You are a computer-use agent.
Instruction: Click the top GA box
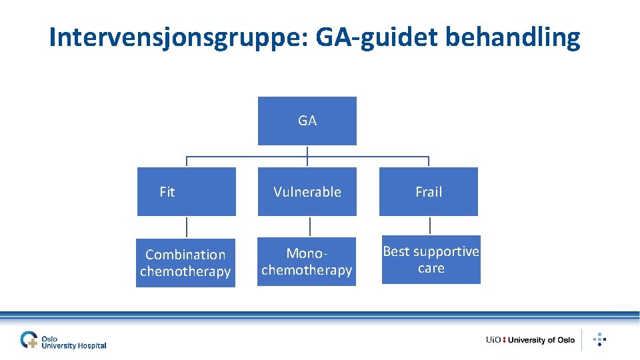pyautogui.click(x=307, y=121)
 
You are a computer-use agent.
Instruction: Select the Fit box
pyautogui.click(x=186, y=191)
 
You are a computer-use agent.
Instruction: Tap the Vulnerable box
pyautogui.click(x=307, y=191)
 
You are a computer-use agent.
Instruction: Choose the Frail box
pyautogui.click(x=428, y=191)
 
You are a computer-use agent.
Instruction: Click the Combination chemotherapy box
pyautogui.click(x=185, y=263)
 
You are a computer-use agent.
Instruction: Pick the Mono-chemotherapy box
pyautogui.click(x=307, y=261)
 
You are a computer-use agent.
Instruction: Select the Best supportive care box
pyautogui.click(x=431, y=259)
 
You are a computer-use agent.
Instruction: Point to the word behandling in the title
pyautogui.click(x=512, y=38)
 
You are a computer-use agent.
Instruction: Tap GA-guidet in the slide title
pyautogui.click(x=377, y=38)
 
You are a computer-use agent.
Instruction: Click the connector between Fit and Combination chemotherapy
pyautogui.click(x=186, y=227)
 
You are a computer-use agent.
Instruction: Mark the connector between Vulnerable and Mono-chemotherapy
pyautogui.click(x=307, y=226)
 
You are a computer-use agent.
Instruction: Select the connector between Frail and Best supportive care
pyautogui.click(x=430, y=225)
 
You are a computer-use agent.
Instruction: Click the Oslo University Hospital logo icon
pyautogui.click(x=29, y=340)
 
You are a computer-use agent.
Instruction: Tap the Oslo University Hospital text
pyautogui.click(x=73, y=342)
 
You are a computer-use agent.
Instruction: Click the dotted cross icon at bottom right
pyautogui.click(x=599, y=339)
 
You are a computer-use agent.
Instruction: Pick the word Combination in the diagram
pyautogui.click(x=185, y=255)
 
